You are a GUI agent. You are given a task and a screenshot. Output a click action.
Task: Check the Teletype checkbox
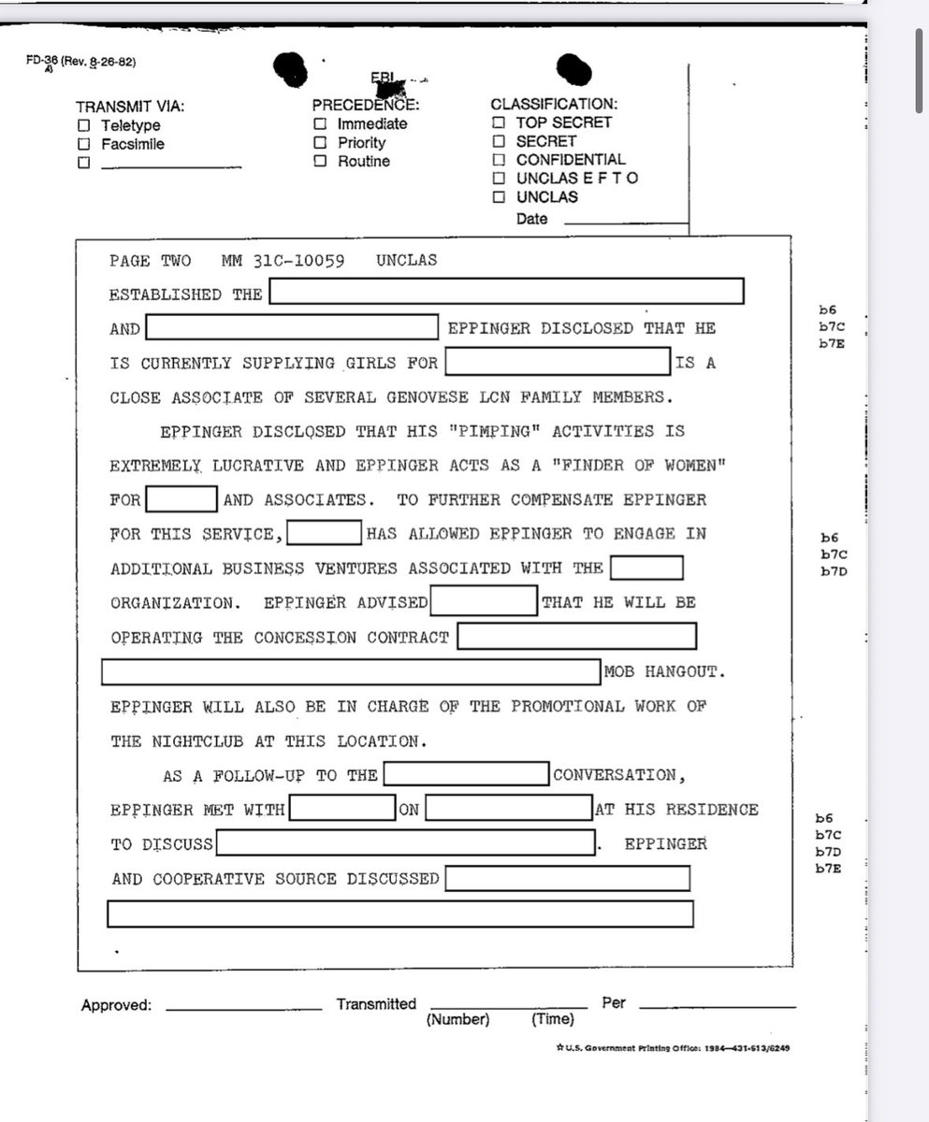[x=84, y=125]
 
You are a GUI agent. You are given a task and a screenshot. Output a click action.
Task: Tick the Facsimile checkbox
[x=84, y=144]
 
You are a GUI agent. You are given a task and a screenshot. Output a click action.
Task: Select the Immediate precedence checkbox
[x=320, y=123]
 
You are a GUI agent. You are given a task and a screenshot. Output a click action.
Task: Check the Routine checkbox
[x=320, y=161]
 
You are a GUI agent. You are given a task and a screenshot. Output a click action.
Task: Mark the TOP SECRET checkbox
[x=499, y=122]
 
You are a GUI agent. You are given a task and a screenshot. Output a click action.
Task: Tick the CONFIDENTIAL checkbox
[x=499, y=160]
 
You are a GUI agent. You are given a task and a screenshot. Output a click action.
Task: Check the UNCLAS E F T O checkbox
[x=499, y=179]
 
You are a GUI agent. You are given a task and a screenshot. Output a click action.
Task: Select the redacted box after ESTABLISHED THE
[x=506, y=292]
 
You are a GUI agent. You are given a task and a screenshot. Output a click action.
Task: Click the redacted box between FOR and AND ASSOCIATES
[x=181, y=499]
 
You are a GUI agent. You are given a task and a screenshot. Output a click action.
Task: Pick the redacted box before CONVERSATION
[x=467, y=774]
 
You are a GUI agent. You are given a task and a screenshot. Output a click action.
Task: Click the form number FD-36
[x=42, y=62]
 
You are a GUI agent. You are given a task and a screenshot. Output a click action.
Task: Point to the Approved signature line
[x=243, y=1008]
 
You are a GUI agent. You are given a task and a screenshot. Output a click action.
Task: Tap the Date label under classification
[x=531, y=220]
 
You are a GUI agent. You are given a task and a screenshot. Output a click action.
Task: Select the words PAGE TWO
[x=150, y=260]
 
